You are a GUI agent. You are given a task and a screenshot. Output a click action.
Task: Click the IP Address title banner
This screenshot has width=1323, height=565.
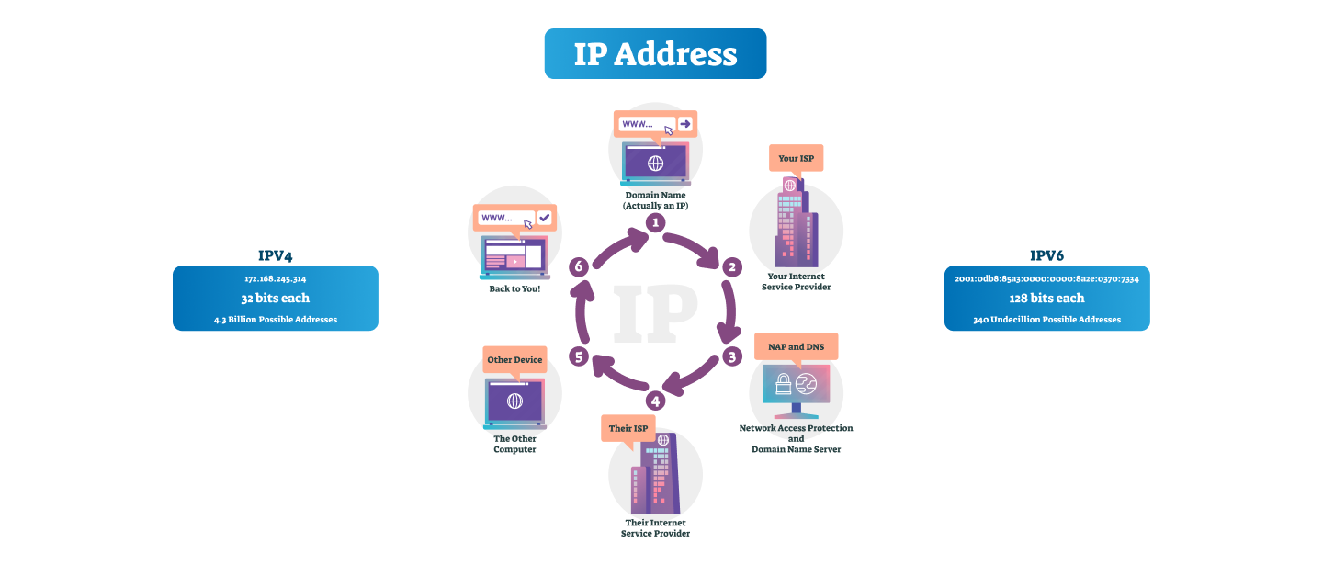pos(655,53)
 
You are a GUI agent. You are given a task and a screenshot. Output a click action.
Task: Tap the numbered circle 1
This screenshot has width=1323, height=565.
pos(655,222)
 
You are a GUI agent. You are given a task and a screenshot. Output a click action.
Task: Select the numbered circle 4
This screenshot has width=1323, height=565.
pos(655,401)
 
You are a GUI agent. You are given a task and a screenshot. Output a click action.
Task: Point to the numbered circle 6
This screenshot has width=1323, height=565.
pos(578,267)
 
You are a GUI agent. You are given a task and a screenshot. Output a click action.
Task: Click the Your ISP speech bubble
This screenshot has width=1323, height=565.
pos(796,158)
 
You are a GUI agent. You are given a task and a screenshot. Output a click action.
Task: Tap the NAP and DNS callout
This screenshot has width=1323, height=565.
pos(796,346)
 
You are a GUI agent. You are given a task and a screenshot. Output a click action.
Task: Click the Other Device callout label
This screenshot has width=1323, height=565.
pos(514,359)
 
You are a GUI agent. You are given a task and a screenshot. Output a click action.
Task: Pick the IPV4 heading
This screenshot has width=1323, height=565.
pos(276,255)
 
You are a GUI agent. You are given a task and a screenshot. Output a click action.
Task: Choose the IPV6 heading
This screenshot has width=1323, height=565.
pos(1046,255)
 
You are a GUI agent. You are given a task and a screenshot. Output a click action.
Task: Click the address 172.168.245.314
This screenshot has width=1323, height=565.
pos(276,277)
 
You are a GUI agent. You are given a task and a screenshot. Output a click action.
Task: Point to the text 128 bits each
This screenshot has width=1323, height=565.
pos(1046,298)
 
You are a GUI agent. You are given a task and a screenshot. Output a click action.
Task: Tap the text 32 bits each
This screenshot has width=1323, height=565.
pos(276,298)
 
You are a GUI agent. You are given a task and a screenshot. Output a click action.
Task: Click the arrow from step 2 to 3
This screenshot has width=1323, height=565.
pos(733,312)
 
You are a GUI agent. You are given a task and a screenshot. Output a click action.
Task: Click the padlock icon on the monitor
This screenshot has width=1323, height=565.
pos(784,384)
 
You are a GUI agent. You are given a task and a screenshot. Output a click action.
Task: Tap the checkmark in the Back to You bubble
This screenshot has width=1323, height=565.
pos(544,218)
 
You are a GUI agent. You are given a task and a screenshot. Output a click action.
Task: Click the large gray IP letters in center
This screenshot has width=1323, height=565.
pos(655,312)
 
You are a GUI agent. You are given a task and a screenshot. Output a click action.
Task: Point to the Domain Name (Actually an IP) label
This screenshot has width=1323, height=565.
pos(655,200)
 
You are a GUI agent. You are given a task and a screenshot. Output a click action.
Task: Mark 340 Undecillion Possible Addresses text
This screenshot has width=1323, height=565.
pos(1046,320)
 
